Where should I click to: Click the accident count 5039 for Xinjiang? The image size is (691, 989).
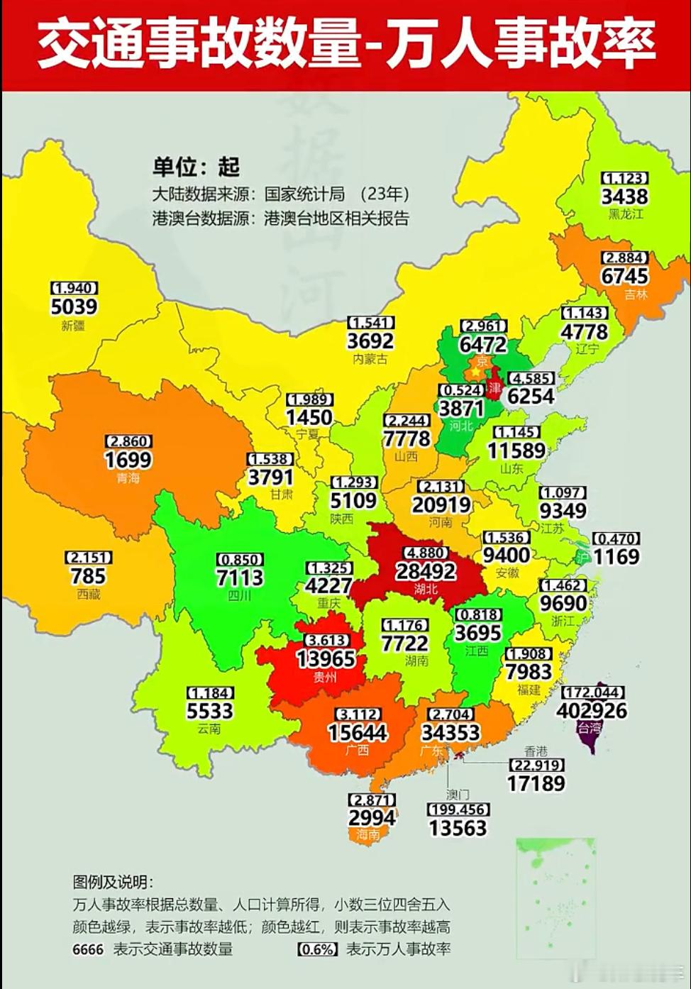coord(74,306)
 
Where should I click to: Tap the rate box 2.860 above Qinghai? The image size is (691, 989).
coord(128,441)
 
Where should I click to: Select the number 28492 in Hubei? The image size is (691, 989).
coord(426,571)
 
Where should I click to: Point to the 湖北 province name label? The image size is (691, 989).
coord(426,589)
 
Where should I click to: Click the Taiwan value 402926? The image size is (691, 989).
coord(592,710)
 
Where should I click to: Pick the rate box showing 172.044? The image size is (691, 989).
coord(593,692)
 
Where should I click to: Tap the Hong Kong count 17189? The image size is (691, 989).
coord(536,783)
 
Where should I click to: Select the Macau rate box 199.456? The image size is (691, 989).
coord(458,810)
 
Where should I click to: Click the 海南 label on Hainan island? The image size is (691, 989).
coord(368,835)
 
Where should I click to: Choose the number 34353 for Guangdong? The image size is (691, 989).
coord(450,732)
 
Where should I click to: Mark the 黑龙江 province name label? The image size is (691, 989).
coord(625,214)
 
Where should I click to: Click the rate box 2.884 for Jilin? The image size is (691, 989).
coord(625,258)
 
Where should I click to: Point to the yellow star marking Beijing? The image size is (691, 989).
coord(475,372)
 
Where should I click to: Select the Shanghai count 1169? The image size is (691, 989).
coord(617,556)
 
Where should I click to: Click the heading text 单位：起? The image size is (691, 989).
coord(197,167)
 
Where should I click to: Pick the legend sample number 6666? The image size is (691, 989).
coord(88,949)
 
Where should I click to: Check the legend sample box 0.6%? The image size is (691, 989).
coord(317,949)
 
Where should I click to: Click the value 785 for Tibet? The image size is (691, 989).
coord(88,576)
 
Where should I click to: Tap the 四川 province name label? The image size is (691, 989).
coord(239,596)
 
